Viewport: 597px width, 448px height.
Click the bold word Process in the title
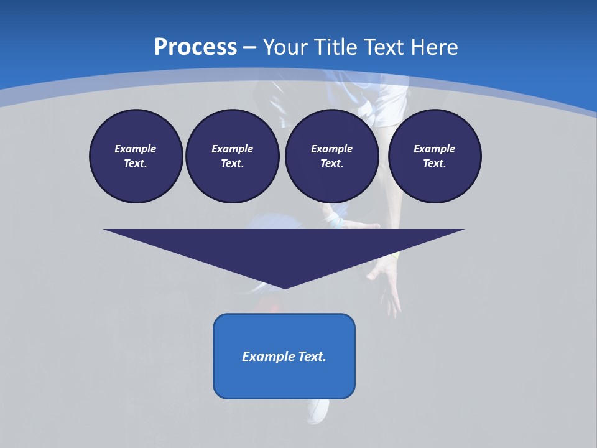[x=195, y=47]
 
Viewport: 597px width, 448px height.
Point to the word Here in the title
[x=435, y=47]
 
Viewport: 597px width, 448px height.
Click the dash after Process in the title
[x=249, y=48]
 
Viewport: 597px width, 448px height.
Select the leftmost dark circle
[x=136, y=156]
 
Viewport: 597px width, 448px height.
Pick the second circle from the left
[x=232, y=156]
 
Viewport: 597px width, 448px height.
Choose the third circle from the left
[x=331, y=156]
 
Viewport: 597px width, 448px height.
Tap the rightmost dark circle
[x=435, y=156]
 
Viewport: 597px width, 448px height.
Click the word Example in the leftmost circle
[x=136, y=149]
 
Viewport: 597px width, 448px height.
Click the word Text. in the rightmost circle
[x=435, y=164]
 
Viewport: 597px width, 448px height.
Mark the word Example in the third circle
[x=331, y=149]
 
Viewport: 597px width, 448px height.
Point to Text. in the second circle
[x=232, y=164]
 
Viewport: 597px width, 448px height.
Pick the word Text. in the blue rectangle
[x=313, y=357]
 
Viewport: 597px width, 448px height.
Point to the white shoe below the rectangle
[x=318, y=411]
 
